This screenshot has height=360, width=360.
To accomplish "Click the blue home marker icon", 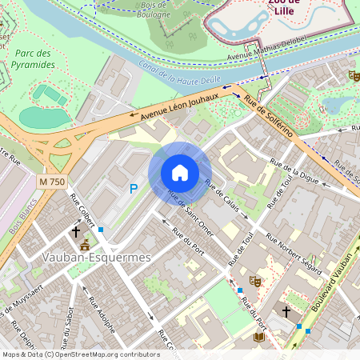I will pos(180,173).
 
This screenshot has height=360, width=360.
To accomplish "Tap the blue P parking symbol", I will pos(134,189).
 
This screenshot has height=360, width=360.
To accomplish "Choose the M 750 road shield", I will pos(52,182).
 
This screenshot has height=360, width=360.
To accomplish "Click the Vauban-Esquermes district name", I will pos(94,258).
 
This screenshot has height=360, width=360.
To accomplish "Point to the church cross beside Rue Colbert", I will pos(76,232).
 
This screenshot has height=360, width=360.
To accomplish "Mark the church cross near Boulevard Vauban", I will pos(287,311).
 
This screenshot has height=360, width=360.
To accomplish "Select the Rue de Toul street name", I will pos(240,249).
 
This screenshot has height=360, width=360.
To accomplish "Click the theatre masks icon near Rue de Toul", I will pos(255,281).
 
